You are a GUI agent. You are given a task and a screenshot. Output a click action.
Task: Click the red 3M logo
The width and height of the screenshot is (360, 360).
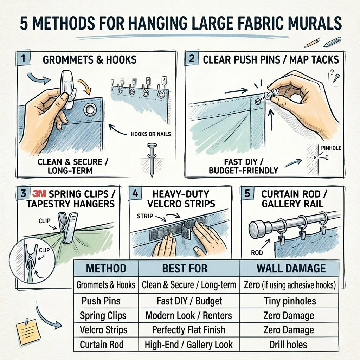point(39,194)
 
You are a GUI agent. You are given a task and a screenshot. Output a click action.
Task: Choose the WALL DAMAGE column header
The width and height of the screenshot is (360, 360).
point(291,269)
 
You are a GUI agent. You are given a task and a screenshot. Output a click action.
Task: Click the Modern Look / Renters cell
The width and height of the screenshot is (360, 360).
point(188,315)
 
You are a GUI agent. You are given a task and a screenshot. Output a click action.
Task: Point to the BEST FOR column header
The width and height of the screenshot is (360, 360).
point(188,269)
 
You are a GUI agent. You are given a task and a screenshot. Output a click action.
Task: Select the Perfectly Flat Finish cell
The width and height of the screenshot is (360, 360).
point(188,330)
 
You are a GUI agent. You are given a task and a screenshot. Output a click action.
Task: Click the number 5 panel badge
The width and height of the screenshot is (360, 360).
point(247,194)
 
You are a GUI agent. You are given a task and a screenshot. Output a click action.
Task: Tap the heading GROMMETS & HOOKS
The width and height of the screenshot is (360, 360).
point(89,59)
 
